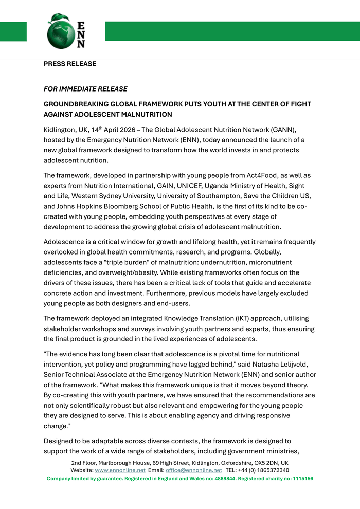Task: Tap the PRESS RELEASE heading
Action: coord(70,64)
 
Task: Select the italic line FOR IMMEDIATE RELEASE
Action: coord(85,89)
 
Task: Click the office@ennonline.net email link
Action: coord(194,470)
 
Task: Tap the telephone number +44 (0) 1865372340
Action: coord(264,470)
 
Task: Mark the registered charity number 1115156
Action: coord(299,479)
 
